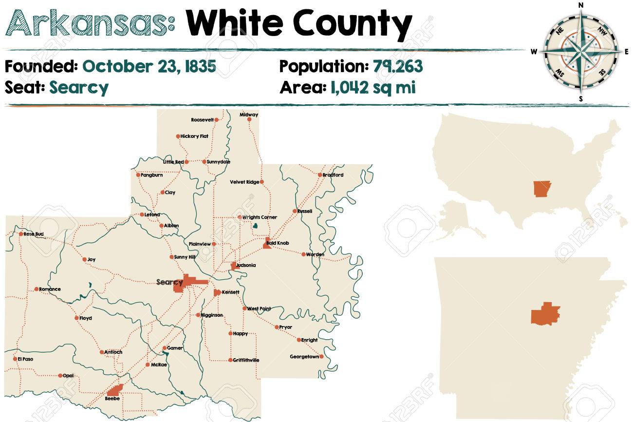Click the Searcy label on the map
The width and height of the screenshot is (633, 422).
[x=169, y=282]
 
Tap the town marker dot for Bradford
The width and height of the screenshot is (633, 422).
[x=319, y=175]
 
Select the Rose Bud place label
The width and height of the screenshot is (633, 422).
[x=33, y=234]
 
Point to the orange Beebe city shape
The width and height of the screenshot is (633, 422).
[x=115, y=390]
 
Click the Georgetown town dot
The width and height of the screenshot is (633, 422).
[x=321, y=357]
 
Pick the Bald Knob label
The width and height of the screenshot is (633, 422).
[x=276, y=243]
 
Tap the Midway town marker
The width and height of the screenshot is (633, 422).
[x=249, y=119]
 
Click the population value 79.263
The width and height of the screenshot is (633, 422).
[x=398, y=66]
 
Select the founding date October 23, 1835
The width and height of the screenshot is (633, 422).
[x=149, y=66]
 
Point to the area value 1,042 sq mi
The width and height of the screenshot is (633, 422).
[x=372, y=88]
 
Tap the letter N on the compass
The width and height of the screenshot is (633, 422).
[x=580, y=5]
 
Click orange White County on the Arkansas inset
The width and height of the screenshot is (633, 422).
[x=545, y=314]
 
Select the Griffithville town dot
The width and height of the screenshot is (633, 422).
[x=230, y=360]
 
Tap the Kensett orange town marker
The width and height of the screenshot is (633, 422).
[x=217, y=292]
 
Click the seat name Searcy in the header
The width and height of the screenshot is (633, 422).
[x=79, y=88]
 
